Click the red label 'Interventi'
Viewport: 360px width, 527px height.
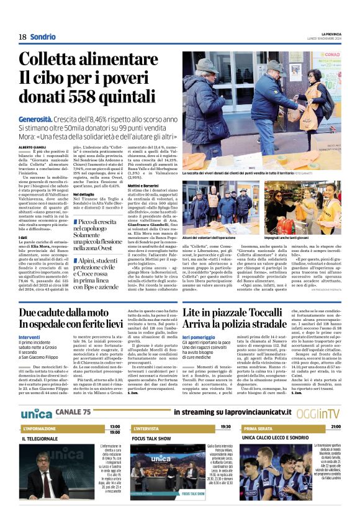(30, 336)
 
